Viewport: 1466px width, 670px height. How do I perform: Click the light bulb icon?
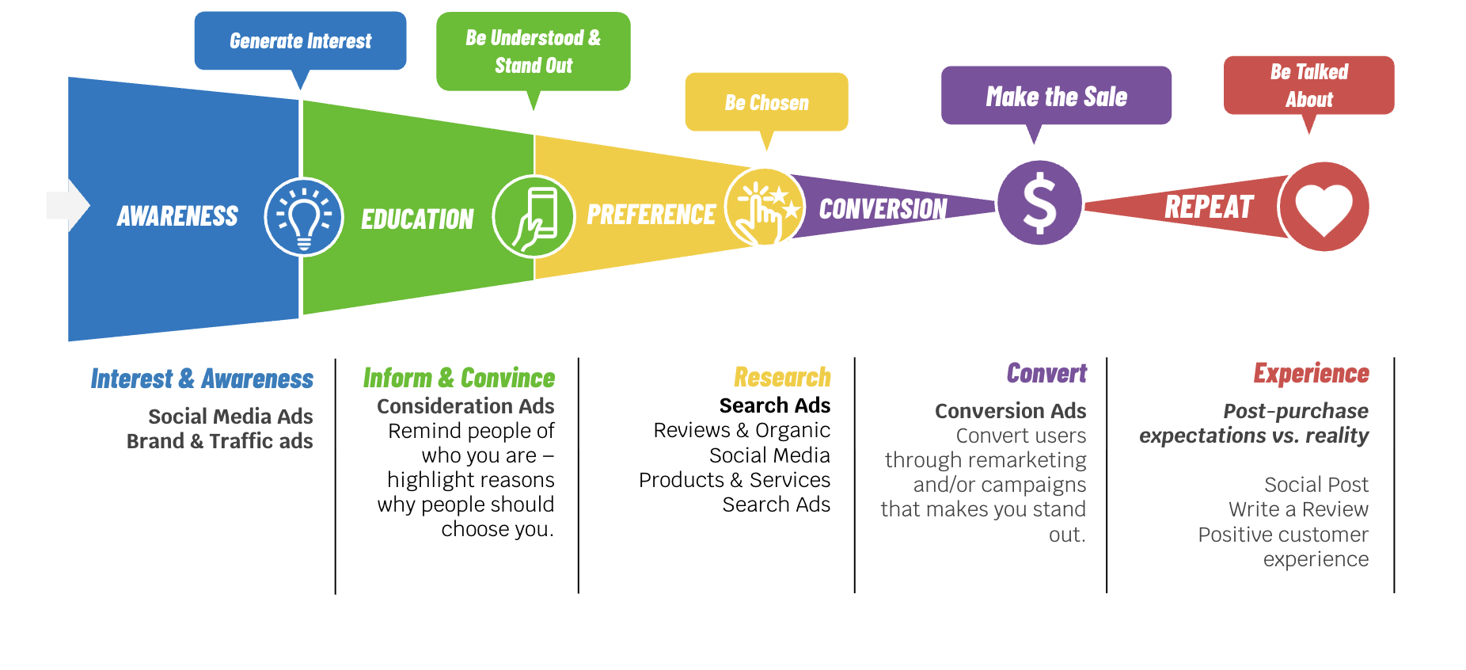click(x=304, y=217)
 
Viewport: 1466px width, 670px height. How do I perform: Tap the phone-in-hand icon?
click(x=534, y=216)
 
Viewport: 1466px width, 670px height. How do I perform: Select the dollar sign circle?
click(x=1039, y=203)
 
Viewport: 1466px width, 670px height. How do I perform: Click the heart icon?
click(x=1324, y=207)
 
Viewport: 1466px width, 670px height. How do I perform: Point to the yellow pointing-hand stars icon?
click(x=765, y=207)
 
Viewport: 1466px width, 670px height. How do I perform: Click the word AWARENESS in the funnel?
click(x=177, y=216)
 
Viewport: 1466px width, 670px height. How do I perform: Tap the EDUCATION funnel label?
click(x=417, y=219)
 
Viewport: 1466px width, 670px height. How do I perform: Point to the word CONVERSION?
click(x=883, y=209)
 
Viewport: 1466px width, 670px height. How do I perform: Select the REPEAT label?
click(x=1209, y=207)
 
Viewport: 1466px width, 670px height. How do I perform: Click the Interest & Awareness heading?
click(x=202, y=379)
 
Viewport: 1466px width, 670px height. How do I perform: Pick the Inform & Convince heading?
click(x=459, y=378)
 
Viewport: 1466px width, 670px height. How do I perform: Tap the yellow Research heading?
click(x=782, y=377)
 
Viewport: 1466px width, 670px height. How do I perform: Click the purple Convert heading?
click(x=1046, y=373)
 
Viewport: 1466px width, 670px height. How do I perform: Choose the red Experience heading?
click(x=1311, y=373)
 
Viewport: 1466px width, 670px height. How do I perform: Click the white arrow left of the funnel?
click(x=68, y=205)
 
